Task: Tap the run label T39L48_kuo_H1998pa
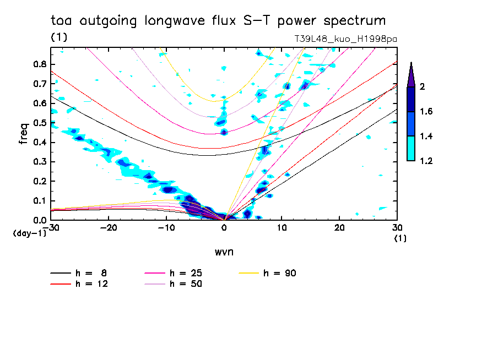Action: tap(346, 40)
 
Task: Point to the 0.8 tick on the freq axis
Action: tap(40, 64)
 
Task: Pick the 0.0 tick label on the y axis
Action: tap(40, 220)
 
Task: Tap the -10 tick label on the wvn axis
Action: tap(166, 227)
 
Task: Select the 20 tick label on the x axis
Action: tap(339, 227)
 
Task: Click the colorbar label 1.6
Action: tap(426, 112)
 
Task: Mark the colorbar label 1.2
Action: tap(426, 161)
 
